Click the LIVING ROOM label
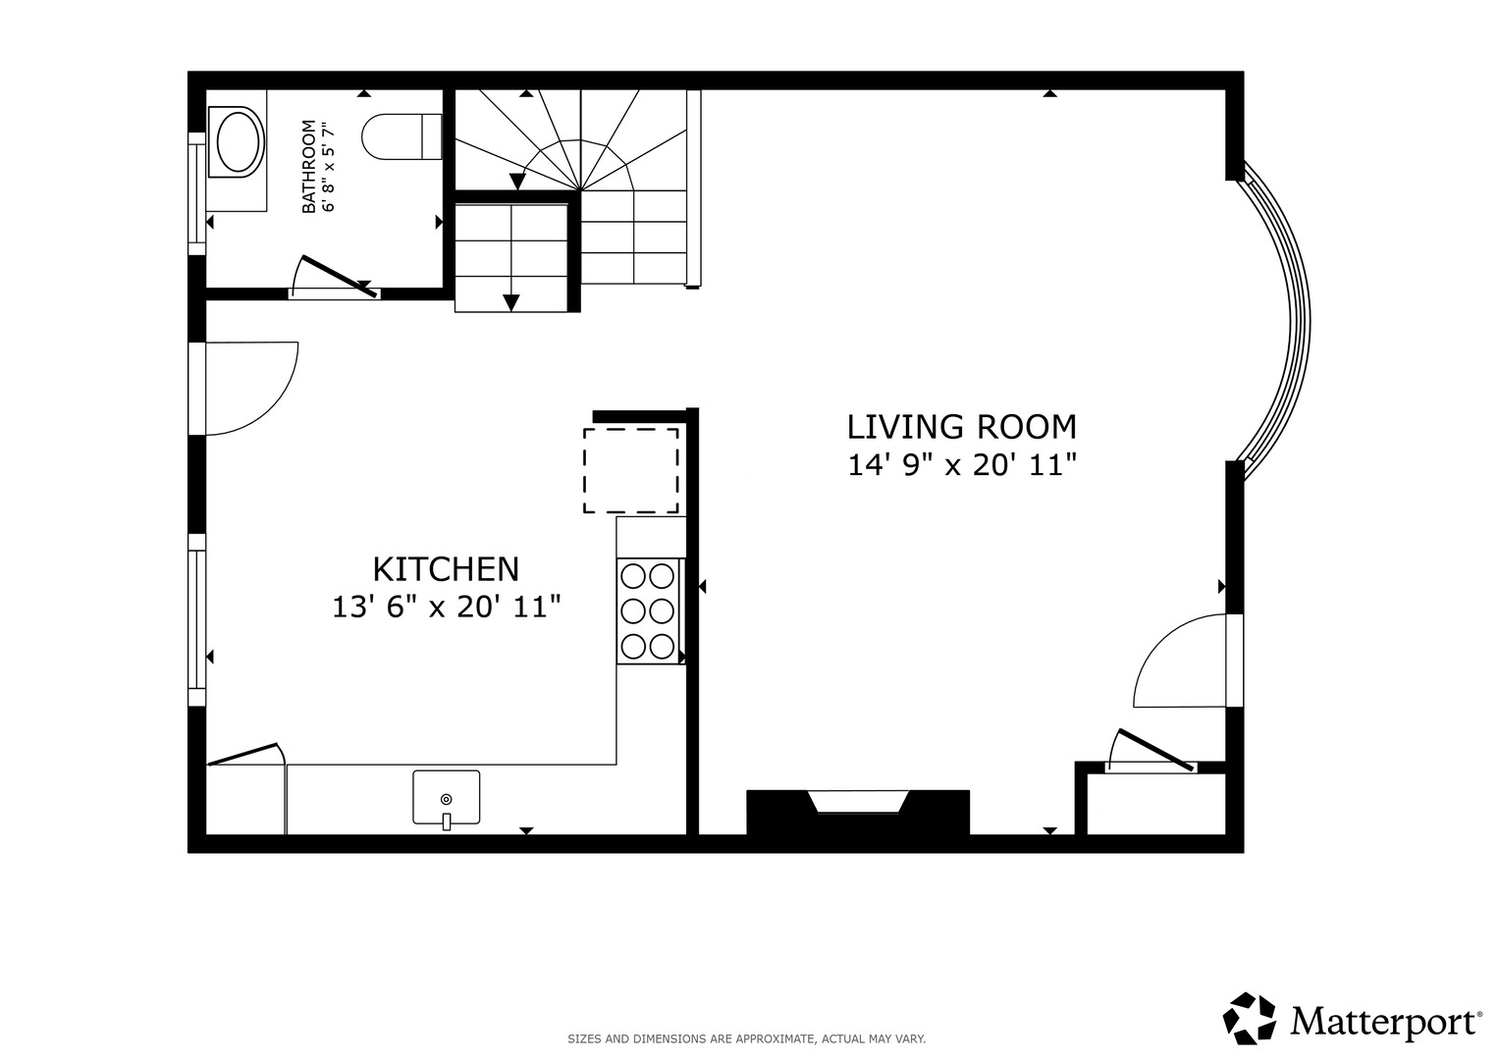click(962, 428)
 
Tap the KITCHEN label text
click(446, 569)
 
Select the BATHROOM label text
click(308, 167)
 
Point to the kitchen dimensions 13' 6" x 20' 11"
click(447, 608)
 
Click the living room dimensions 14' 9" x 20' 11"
click(962, 465)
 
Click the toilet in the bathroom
click(402, 136)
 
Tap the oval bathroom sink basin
click(239, 142)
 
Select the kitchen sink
click(447, 797)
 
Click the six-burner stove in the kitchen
click(648, 610)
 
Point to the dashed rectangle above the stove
click(631, 471)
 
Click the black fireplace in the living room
click(858, 813)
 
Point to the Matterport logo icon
click(1250, 1019)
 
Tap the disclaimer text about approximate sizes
click(747, 1039)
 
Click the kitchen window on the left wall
click(196, 619)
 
